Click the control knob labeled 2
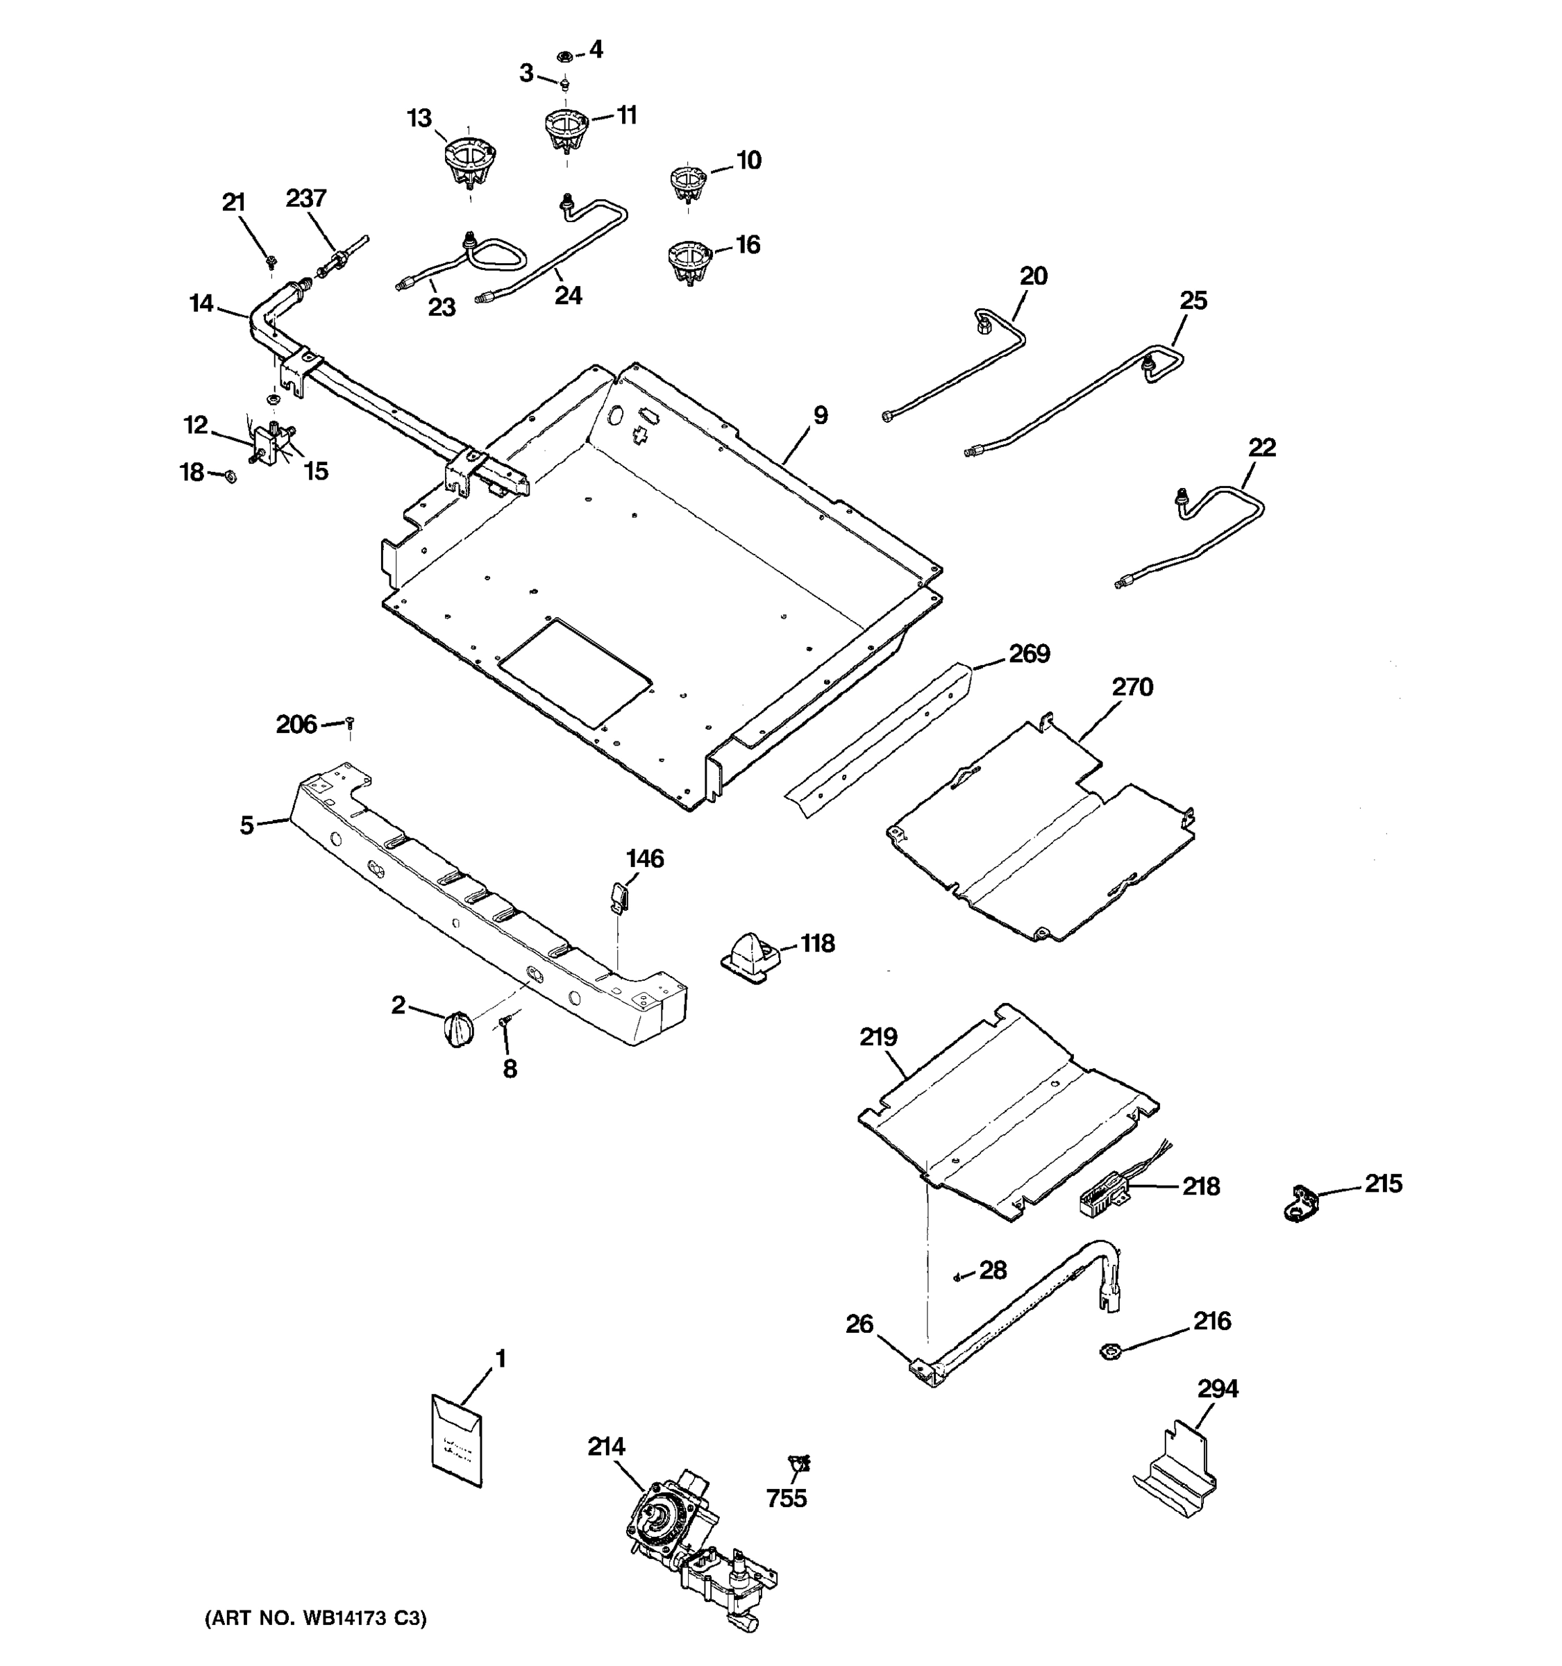click(x=457, y=1028)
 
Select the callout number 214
click(x=606, y=1447)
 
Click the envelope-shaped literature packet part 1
click(x=457, y=1440)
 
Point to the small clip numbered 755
click(x=798, y=1463)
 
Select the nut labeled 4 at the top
click(x=565, y=57)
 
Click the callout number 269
click(x=1028, y=654)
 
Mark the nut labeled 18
click(x=228, y=476)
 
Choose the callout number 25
click(x=1193, y=301)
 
